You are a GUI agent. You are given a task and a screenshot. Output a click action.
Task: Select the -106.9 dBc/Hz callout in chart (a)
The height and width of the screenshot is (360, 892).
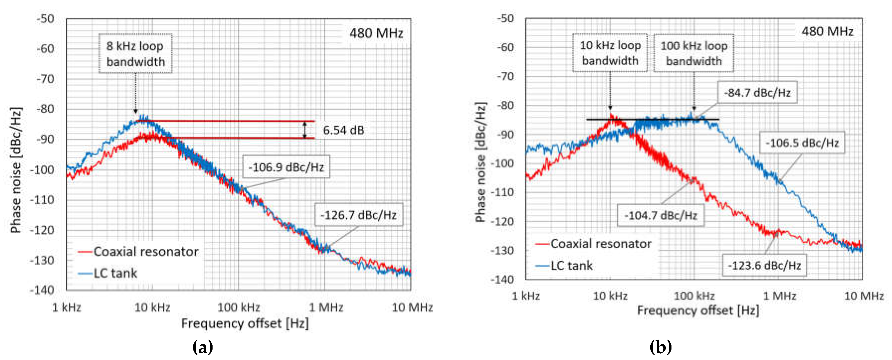[x=286, y=167]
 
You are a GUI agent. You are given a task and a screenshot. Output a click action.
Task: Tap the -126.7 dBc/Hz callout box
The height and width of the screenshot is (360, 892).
[x=359, y=215]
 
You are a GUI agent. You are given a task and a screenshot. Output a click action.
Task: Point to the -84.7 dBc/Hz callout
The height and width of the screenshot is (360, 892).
[x=757, y=92]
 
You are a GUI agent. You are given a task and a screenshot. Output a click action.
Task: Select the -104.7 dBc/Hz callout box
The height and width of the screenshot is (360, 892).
[x=660, y=215]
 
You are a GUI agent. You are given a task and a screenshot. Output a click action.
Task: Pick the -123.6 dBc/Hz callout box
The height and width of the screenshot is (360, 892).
[x=764, y=265]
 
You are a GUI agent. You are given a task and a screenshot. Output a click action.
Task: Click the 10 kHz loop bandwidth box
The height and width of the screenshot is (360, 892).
[x=610, y=53]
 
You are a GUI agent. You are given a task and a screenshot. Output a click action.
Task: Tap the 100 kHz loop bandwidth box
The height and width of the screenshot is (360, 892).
[x=694, y=53]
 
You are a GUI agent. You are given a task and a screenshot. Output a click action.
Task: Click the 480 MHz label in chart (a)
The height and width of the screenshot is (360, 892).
[x=376, y=33]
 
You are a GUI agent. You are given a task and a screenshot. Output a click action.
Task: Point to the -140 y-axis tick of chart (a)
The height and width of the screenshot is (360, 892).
[x=42, y=290]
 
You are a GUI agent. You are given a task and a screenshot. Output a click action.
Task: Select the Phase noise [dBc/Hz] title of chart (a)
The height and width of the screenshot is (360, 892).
[x=16, y=170]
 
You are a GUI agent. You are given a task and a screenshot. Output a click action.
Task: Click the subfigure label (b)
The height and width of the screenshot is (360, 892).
[x=660, y=347]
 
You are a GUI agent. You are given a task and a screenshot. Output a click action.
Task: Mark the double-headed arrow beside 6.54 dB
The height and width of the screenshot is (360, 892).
[x=305, y=130]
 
